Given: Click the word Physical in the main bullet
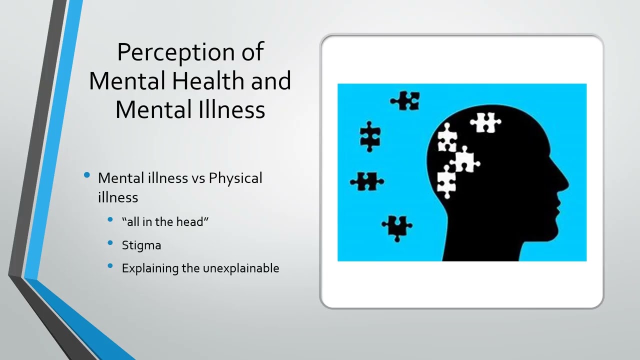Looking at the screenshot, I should click(x=235, y=178).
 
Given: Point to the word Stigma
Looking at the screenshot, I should click(x=141, y=245).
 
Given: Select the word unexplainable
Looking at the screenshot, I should click(x=240, y=268).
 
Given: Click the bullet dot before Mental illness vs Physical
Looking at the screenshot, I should click(x=87, y=175).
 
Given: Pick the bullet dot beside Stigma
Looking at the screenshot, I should click(x=110, y=243).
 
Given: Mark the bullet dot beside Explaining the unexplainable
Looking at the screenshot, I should click(x=110, y=266).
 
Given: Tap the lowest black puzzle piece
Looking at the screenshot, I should click(x=397, y=227).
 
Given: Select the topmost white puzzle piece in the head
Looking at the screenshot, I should click(x=485, y=122).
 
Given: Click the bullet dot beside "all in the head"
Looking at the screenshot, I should click(x=110, y=219).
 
